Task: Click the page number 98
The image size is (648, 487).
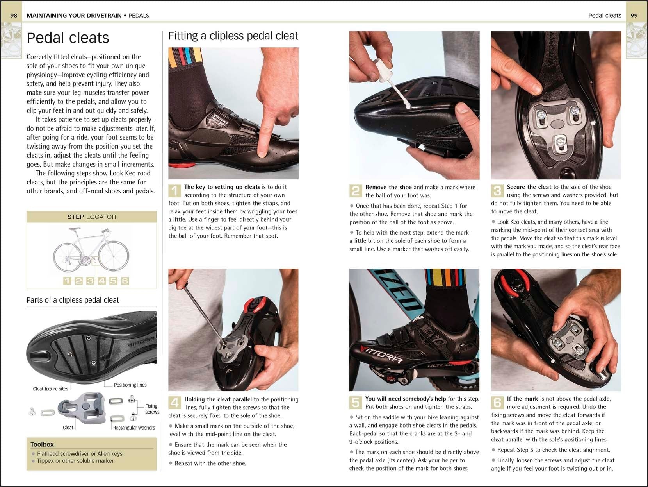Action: click(x=14, y=16)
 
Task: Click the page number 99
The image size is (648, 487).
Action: click(x=634, y=16)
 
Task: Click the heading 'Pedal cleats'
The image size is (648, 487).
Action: click(x=68, y=38)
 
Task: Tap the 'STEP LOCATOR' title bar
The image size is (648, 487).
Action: click(x=91, y=217)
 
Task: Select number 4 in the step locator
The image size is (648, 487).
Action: click(x=102, y=281)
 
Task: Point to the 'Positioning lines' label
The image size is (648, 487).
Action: click(x=130, y=385)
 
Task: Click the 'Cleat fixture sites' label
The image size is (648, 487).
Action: click(x=50, y=389)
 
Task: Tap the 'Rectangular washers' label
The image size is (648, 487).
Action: click(x=134, y=428)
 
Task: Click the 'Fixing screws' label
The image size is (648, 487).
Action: click(x=152, y=409)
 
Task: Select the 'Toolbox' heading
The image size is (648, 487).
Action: click(x=42, y=444)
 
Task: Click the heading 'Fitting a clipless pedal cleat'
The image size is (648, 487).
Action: click(x=233, y=36)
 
